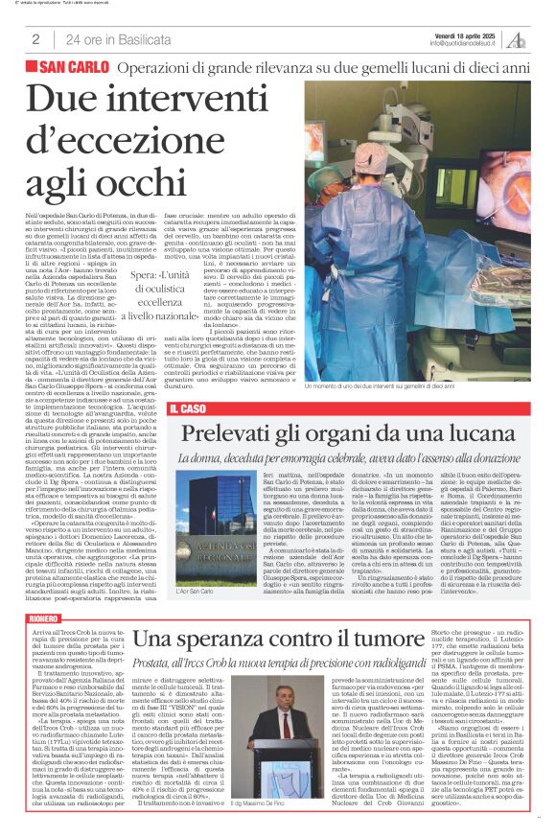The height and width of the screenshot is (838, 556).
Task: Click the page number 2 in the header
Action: click(x=35, y=39)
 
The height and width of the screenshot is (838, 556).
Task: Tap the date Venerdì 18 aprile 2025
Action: click(x=463, y=34)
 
